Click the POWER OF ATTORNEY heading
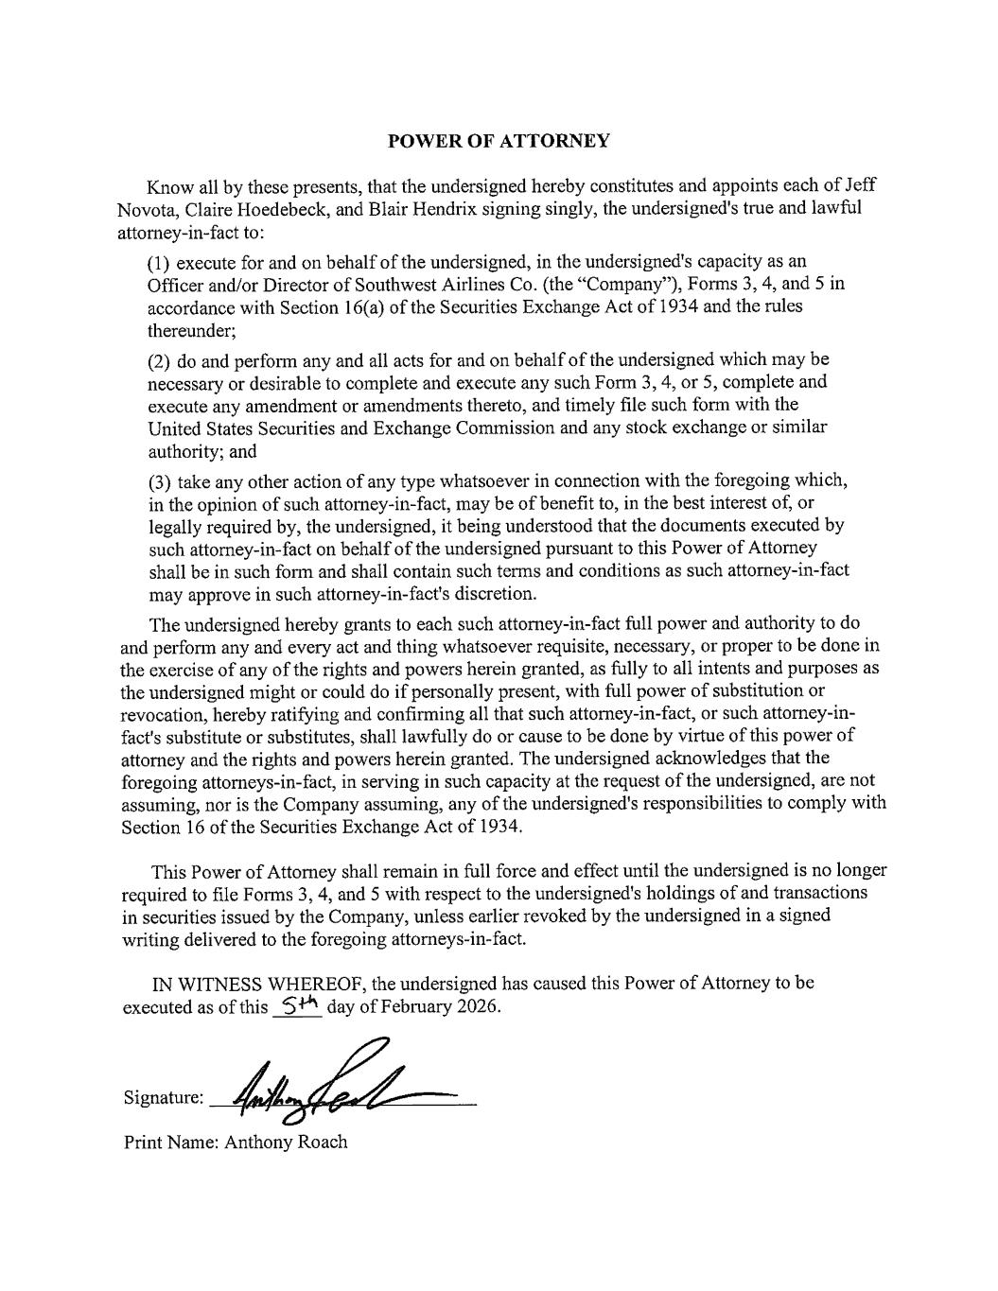coord(499,141)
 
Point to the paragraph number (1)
coord(160,261)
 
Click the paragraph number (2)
coord(160,360)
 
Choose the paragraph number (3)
coord(160,480)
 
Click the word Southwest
coord(355,284)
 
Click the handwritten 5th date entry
coord(296,1005)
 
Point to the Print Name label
coord(171,1143)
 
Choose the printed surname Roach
coord(323,1143)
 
